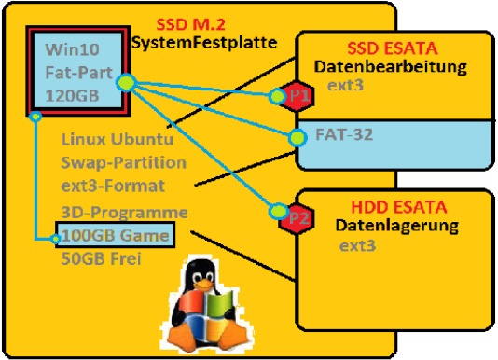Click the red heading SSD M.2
click(x=191, y=25)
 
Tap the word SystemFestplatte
click(x=204, y=42)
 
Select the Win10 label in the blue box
click(x=72, y=49)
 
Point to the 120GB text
click(x=72, y=95)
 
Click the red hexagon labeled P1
click(x=297, y=96)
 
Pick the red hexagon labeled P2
click(x=297, y=218)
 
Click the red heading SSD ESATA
click(x=393, y=48)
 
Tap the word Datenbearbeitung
click(x=391, y=67)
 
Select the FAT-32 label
click(x=344, y=134)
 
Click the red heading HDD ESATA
click(x=399, y=207)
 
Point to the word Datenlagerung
click(x=397, y=226)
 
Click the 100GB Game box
click(x=116, y=235)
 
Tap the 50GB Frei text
click(x=101, y=258)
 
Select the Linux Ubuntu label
click(x=118, y=139)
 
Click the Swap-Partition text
click(x=123, y=162)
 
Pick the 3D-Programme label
click(x=124, y=213)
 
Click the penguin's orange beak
click(x=202, y=284)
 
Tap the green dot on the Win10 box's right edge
click(x=127, y=83)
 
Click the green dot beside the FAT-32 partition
click(x=297, y=138)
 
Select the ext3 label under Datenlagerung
click(x=357, y=246)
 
